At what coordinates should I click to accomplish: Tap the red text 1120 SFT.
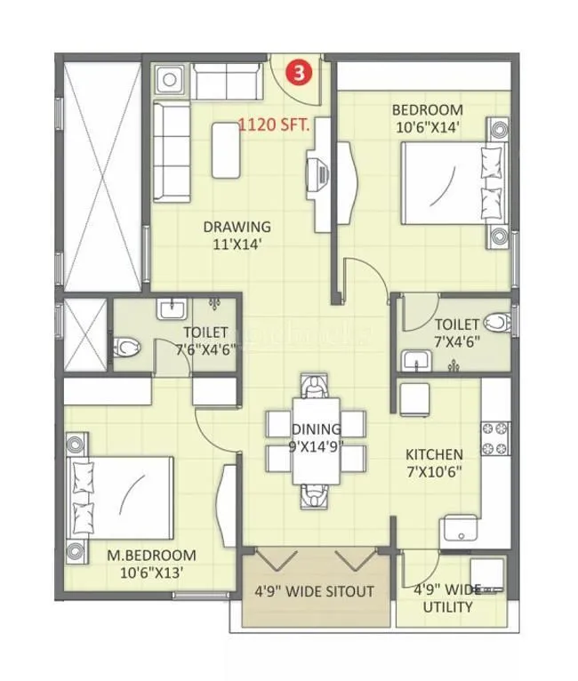pos(275,126)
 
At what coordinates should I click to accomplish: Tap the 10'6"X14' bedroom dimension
pos(428,126)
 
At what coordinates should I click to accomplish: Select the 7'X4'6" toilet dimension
pos(454,340)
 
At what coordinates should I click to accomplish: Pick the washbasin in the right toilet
pos(415,359)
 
